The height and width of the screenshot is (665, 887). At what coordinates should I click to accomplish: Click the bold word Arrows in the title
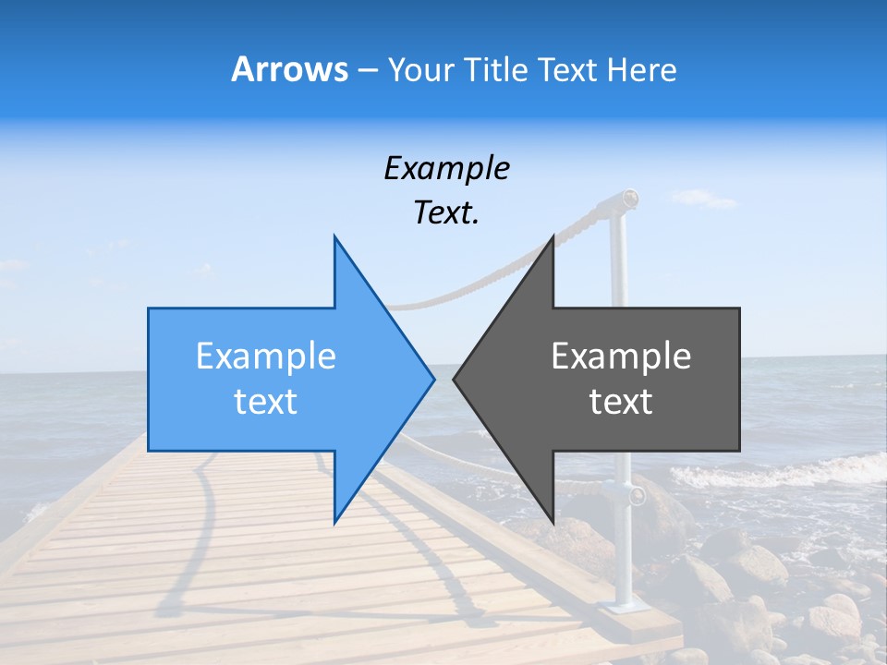point(289,69)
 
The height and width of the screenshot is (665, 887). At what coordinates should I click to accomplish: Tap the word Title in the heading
point(494,69)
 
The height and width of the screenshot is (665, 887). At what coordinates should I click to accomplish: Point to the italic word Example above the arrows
point(446,168)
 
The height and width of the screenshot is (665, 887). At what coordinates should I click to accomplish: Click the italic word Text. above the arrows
point(446,213)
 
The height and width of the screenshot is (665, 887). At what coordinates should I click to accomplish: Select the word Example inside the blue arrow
point(266,357)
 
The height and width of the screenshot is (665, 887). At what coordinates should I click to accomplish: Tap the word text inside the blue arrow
point(266,402)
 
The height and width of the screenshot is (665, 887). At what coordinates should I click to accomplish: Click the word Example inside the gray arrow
point(621,357)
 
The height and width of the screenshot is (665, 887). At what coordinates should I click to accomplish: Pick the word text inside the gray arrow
point(621,402)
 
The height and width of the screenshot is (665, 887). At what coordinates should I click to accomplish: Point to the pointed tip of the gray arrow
point(455,378)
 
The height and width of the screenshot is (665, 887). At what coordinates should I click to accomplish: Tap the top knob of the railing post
point(629,197)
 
